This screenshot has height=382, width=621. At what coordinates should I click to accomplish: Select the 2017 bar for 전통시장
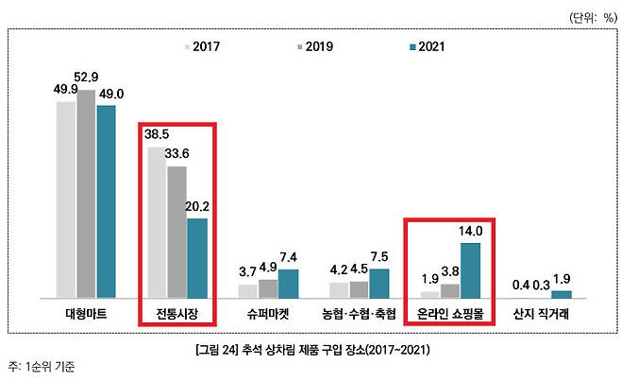(x=157, y=223)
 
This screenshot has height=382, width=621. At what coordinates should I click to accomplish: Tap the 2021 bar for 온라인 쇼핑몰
(x=470, y=270)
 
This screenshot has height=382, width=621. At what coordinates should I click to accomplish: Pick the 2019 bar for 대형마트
(x=86, y=194)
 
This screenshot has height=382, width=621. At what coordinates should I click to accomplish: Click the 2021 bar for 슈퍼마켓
(x=288, y=284)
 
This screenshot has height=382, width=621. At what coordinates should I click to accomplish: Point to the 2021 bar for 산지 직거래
(x=561, y=294)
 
